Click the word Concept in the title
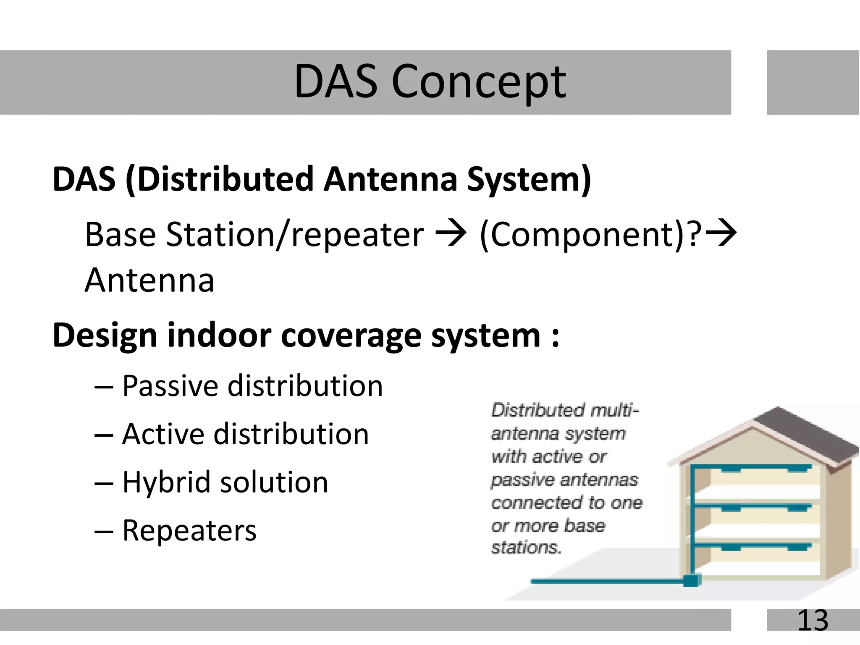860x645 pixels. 479,81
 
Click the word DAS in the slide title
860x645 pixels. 336,81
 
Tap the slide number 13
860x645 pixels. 813,620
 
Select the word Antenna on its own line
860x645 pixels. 149,281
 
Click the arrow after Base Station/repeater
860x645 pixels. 451,234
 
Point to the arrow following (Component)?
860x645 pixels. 721,233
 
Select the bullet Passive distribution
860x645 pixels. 252,386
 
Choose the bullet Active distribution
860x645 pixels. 245,434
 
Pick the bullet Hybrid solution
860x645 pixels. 225,482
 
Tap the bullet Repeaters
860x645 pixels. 189,531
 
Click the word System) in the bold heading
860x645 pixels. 529,180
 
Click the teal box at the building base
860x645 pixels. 692,581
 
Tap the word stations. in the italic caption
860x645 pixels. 526,548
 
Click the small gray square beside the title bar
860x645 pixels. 813,82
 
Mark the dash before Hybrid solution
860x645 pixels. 104,483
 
